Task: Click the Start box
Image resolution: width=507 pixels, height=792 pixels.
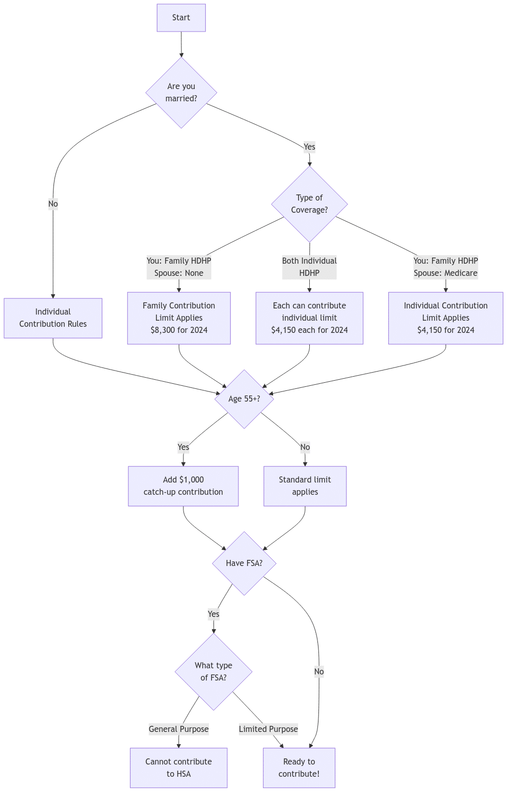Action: click(x=181, y=18)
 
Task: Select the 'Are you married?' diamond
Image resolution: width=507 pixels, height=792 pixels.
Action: click(x=181, y=93)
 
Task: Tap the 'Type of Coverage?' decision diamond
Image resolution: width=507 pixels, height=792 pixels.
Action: click(x=309, y=204)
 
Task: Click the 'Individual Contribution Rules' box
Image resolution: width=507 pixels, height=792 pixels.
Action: click(x=53, y=318)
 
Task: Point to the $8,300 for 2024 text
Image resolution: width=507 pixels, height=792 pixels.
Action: click(x=179, y=330)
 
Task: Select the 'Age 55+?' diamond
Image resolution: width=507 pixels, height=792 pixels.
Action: click(x=244, y=399)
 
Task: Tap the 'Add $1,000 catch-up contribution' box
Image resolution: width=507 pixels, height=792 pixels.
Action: click(x=183, y=486)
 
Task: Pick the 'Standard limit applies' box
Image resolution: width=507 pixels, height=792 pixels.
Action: click(x=305, y=486)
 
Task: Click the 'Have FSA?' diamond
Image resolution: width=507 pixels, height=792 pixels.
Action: click(x=244, y=563)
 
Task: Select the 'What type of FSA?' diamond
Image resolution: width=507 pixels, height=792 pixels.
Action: click(x=214, y=672)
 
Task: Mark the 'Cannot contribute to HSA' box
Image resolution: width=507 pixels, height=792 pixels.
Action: click(x=178, y=768)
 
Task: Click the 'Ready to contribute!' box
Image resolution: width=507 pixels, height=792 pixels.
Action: click(x=299, y=768)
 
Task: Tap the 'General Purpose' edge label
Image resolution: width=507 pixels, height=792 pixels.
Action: click(x=178, y=729)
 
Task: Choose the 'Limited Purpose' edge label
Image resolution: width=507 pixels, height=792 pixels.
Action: click(x=268, y=729)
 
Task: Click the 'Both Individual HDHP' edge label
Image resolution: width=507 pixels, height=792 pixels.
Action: click(x=309, y=267)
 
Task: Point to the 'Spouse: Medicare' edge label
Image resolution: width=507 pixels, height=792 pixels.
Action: click(x=445, y=273)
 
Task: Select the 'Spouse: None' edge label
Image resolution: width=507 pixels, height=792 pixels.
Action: click(x=179, y=273)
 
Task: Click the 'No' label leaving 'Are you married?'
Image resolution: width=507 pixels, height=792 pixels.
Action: click(x=53, y=204)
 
